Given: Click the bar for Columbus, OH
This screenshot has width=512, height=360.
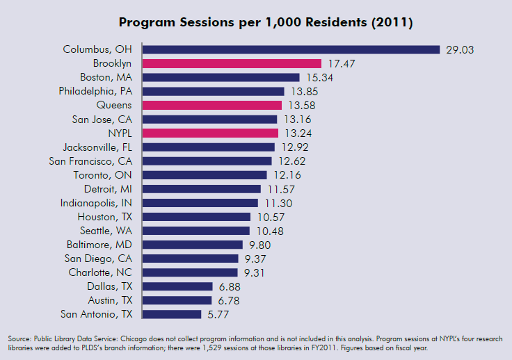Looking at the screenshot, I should tap(291, 49).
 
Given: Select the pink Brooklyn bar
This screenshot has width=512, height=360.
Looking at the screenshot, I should tap(232, 63).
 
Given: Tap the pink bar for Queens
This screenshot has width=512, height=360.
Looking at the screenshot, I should tap(212, 105).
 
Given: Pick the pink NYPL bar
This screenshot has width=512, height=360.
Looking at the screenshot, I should tap(210, 133).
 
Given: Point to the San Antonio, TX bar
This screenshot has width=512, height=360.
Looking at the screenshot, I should tap(172, 314).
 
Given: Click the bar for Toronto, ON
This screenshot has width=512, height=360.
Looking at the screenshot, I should tap(205, 175).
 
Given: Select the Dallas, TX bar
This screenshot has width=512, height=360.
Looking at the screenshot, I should tap(177, 286).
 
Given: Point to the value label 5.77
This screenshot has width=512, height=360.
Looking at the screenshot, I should tap(216, 314).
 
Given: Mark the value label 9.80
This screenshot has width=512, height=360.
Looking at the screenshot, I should tap(258, 245).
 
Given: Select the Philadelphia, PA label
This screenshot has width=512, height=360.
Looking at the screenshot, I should tap(95, 91).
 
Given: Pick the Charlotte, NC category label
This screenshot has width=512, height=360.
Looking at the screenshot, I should tap(100, 272).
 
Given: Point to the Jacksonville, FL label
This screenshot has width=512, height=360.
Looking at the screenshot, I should tap(97, 147).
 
